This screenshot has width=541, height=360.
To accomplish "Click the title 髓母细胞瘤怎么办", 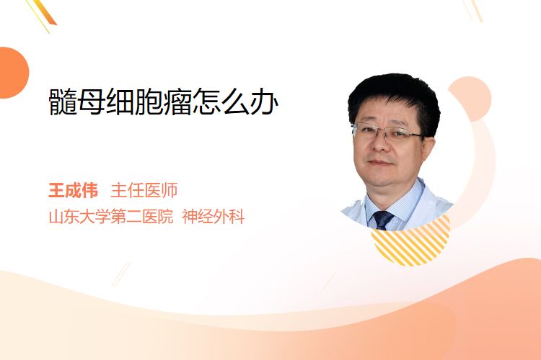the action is [163, 102].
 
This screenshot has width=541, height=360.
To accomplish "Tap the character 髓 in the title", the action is [63, 102].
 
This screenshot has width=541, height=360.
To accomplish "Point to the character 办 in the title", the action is [264, 102].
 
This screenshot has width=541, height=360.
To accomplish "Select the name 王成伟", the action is [73, 191].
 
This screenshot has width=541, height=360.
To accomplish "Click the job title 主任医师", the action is [144, 191].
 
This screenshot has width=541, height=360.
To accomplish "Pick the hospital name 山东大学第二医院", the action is [111, 217].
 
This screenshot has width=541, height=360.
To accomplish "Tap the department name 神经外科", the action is [214, 217].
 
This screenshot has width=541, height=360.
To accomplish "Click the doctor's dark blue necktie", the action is [383, 220].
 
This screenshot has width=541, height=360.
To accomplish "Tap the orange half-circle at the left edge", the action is [13, 73].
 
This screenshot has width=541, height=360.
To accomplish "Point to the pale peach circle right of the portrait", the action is [470, 99].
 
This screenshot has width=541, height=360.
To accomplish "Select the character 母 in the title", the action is [92, 102].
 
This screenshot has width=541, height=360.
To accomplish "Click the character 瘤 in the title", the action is [178, 102].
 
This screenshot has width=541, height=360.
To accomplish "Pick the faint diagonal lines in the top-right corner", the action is [472, 10].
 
